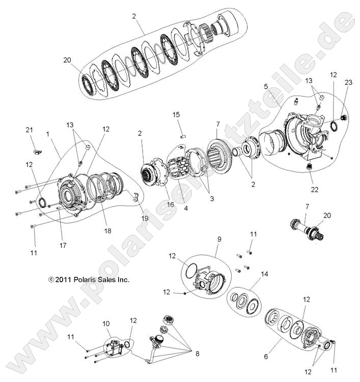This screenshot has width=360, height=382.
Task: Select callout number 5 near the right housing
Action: click(x=266, y=87)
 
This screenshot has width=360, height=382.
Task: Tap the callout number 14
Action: click(x=264, y=274)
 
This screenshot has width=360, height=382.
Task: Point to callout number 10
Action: click(x=106, y=324)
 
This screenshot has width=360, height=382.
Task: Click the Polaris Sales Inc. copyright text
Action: click(x=89, y=279)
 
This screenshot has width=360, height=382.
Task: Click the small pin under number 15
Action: click(x=181, y=136)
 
